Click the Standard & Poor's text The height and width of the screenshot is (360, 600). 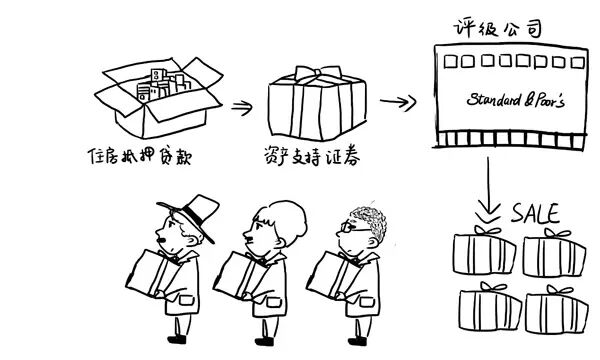point(515,99)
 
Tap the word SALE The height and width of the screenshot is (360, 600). point(536,213)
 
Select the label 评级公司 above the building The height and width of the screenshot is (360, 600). point(498,28)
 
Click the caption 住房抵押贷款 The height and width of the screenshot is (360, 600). point(140,156)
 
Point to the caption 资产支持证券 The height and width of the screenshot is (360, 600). point(311,156)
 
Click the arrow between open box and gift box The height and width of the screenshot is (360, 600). point(242,108)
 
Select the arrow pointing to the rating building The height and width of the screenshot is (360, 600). point(398,102)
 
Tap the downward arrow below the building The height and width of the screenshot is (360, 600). point(488,190)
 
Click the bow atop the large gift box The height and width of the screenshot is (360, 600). point(317,73)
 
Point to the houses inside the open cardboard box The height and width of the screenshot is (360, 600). point(163,85)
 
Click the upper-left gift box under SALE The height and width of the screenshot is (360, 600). point(484,251)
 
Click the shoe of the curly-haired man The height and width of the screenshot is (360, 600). point(357,340)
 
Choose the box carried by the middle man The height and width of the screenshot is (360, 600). point(240,275)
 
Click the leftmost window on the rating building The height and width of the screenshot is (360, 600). point(450,62)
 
